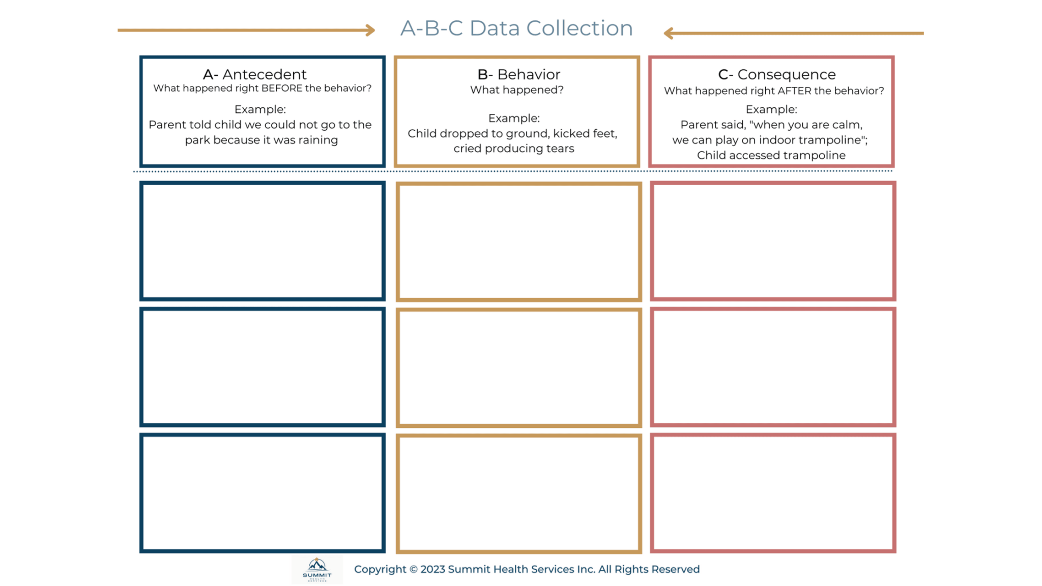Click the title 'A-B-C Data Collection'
[516, 28]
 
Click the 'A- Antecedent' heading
[254, 74]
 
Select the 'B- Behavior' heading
[518, 74]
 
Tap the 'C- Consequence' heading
[776, 74]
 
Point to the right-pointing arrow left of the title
[246, 31]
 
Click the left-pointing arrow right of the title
[793, 34]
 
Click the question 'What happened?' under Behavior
[516, 90]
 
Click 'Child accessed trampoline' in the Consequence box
[771, 155]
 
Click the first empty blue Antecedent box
[263, 241]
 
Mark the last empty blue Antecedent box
[263, 493]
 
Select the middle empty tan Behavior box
[518, 367]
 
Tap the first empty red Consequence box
[772, 241]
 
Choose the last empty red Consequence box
[772, 493]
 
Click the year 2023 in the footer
[432, 569]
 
